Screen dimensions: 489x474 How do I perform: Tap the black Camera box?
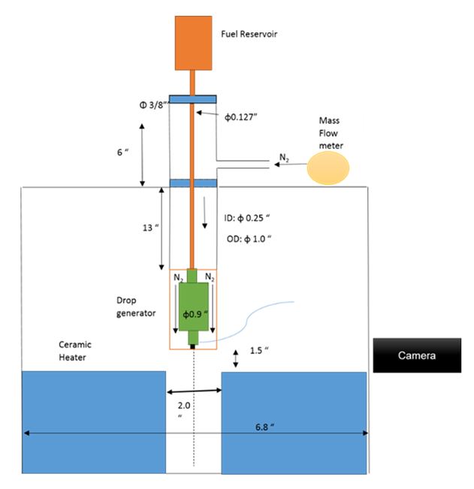(417, 355)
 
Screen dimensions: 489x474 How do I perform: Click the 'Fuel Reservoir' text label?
(249, 34)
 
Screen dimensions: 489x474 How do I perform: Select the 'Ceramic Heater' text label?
(77, 350)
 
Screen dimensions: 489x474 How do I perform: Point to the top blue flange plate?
(193, 99)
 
